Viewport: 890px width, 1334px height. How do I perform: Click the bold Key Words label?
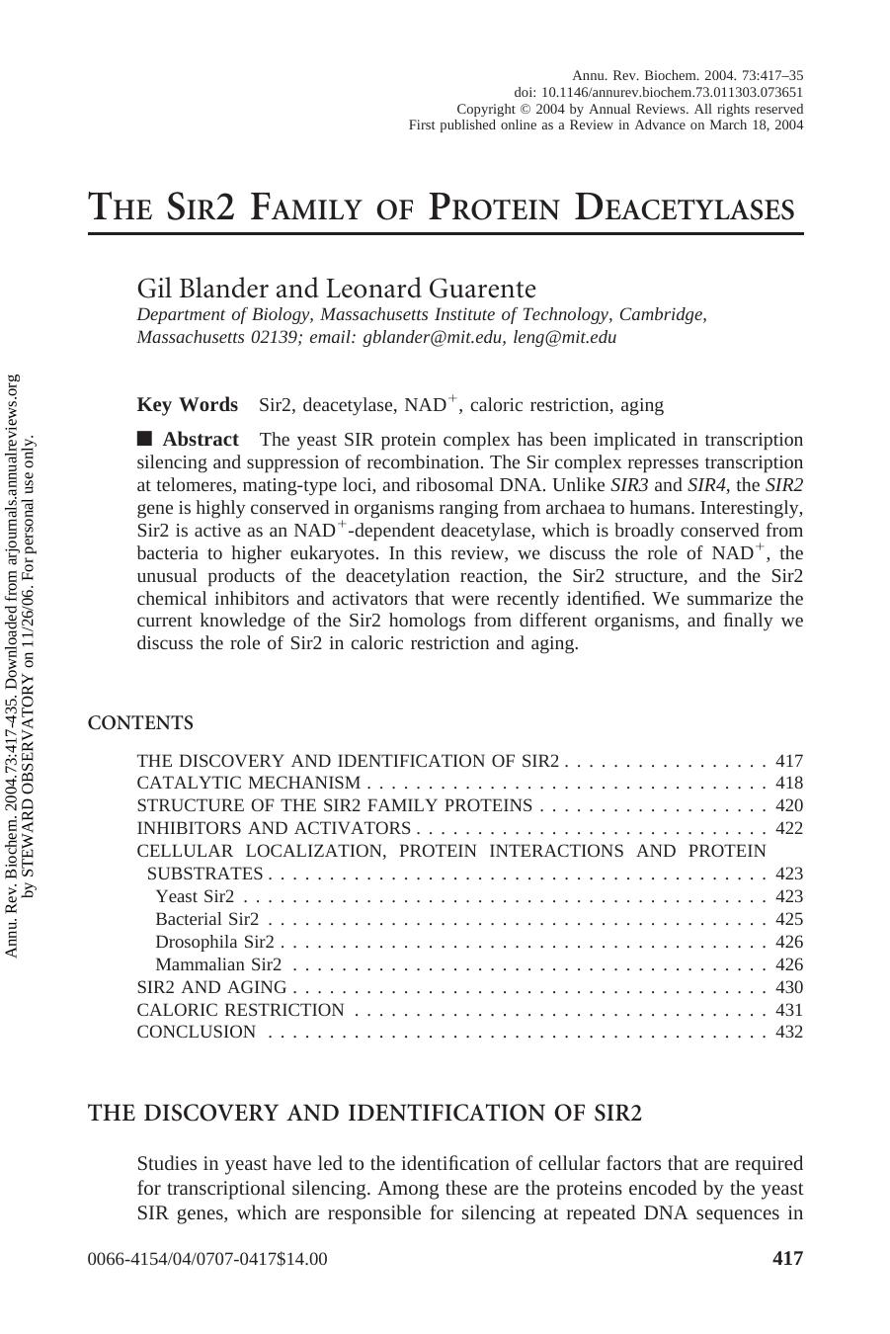coord(187,405)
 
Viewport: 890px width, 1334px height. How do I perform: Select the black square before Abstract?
coord(145,439)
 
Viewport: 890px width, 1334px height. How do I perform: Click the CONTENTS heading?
coord(140,723)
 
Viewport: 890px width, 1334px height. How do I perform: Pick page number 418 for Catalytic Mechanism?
coord(789,784)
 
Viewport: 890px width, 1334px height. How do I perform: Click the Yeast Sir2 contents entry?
coord(195,896)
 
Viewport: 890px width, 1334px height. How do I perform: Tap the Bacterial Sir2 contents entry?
coord(201,919)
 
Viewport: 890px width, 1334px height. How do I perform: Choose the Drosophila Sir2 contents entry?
coord(214,942)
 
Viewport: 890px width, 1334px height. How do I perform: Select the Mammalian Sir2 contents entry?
coord(218,964)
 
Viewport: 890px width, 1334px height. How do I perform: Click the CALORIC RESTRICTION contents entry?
coord(240,1010)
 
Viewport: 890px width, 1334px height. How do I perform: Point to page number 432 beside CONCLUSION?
coord(789,1033)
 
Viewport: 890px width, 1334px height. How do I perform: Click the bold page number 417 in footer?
coord(786,1259)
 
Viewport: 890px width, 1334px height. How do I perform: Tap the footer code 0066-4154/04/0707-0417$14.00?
coord(207,1259)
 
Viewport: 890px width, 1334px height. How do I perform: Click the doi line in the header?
coord(658,93)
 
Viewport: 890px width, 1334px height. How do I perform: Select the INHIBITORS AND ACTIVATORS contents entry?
coord(274,828)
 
